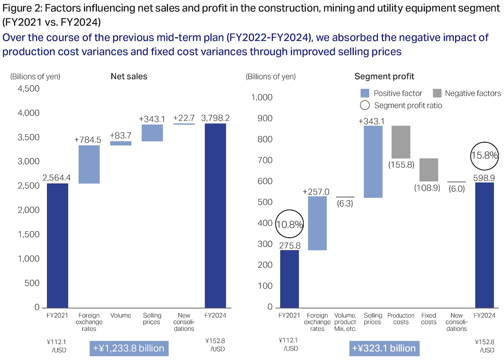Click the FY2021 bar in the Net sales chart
pyautogui.click(x=57, y=245)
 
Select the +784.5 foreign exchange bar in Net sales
pyautogui.click(x=89, y=164)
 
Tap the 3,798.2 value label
pyautogui.click(x=215, y=118)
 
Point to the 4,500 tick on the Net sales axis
pyautogui.click(x=29, y=89)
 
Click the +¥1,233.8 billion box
pyautogui.click(x=128, y=348)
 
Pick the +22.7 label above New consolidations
pyautogui.click(x=184, y=118)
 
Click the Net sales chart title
pyautogui.click(x=129, y=76)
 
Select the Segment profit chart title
pyautogui.click(x=384, y=76)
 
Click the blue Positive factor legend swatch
pyautogui.click(x=365, y=93)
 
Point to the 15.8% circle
pyautogui.click(x=484, y=156)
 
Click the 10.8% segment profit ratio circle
pyautogui.click(x=289, y=223)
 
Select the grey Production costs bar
pyautogui.click(x=401, y=142)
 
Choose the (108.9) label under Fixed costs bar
pyautogui.click(x=427, y=189)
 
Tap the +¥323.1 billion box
pyautogui.click(x=384, y=348)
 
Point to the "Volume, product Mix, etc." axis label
pyautogui.click(x=345, y=322)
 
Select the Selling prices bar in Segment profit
pyautogui.click(x=373, y=162)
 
